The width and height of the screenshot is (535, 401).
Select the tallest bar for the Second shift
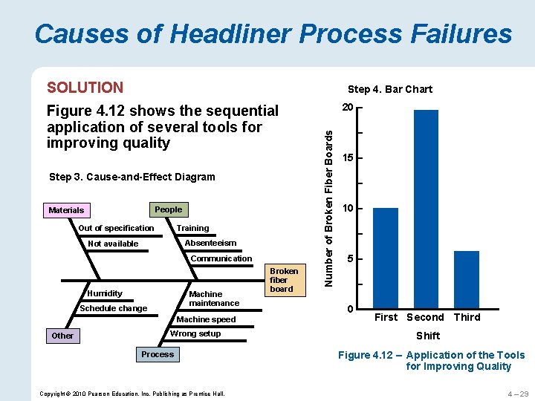(x=426, y=209)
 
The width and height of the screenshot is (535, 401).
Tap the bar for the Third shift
(x=466, y=279)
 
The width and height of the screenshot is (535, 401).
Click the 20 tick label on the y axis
(x=347, y=108)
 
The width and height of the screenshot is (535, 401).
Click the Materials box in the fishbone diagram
(x=66, y=210)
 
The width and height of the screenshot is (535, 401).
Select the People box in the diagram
(x=168, y=209)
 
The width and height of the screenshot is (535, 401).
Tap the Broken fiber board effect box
(x=283, y=280)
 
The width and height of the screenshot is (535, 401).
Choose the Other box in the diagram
(x=62, y=336)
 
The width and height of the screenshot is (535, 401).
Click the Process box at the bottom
(x=158, y=354)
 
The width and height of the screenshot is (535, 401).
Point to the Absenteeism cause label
(x=210, y=243)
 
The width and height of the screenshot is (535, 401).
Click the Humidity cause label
(x=105, y=293)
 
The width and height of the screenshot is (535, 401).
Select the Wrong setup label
(x=195, y=333)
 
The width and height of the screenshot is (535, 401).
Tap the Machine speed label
(x=206, y=319)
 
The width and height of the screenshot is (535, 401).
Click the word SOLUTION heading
(x=85, y=88)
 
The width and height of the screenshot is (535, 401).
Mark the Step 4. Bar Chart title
(x=390, y=89)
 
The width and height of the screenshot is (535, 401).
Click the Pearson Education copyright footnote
(x=132, y=392)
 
